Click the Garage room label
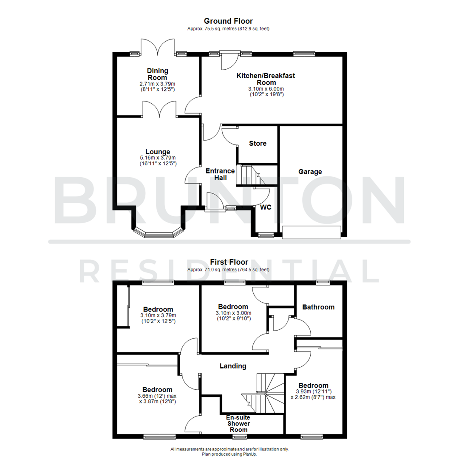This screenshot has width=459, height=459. (310, 172)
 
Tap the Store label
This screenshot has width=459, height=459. (258, 143)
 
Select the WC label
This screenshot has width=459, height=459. (266, 207)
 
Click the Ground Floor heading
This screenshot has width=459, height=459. (228, 21)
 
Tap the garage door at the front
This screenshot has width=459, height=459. (312, 232)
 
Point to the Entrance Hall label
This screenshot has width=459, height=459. (220, 174)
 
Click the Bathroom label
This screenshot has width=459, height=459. (318, 307)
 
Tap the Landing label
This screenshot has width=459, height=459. (233, 365)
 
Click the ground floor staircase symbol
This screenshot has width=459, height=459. (249, 175)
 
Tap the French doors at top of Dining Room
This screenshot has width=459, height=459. (158, 48)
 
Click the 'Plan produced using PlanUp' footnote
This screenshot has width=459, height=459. (229, 454)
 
